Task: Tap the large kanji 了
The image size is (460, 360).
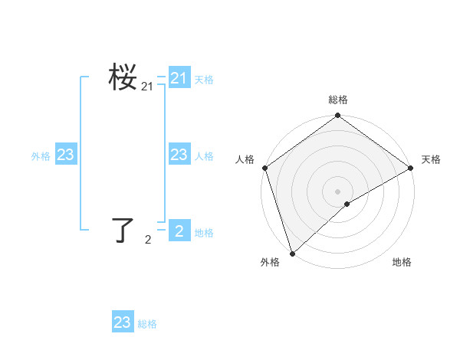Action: [x=123, y=230]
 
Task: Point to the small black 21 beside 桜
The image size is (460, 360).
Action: [x=147, y=88]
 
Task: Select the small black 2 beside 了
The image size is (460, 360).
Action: [x=148, y=241]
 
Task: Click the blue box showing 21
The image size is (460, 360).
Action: [x=179, y=78]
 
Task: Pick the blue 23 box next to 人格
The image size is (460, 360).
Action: [x=179, y=155]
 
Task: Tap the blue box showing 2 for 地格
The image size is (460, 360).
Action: [x=179, y=231]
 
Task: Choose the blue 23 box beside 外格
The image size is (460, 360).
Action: [x=65, y=155]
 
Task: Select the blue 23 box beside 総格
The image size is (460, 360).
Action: [x=123, y=322]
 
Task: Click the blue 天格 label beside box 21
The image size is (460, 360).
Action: [x=204, y=80]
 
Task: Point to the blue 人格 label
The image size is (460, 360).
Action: [x=204, y=156]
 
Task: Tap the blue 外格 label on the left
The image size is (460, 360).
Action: [x=41, y=156]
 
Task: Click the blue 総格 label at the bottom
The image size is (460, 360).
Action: [x=147, y=324]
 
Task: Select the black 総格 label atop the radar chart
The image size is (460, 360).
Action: [x=338, y=100]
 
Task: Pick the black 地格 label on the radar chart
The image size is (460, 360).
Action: [x=402, y=263]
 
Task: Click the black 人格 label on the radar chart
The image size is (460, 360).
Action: [x=245, y=159]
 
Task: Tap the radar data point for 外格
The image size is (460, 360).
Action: [x=292, y=254]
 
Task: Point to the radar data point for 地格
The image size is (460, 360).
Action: [x=347, y=204]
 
